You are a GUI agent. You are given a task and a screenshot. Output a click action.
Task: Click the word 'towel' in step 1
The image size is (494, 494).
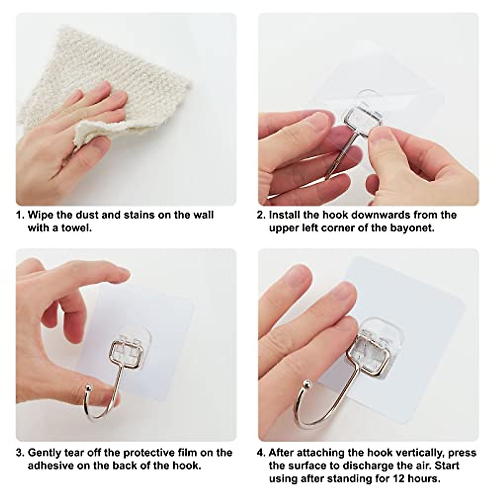tap(77, 228)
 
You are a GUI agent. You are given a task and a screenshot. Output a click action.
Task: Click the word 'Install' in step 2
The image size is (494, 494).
tap(284, 215)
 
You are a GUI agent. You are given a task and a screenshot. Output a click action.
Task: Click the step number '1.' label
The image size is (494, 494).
tap(20, 215)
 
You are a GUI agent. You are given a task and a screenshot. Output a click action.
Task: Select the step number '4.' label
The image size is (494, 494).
tap(261, 453)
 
